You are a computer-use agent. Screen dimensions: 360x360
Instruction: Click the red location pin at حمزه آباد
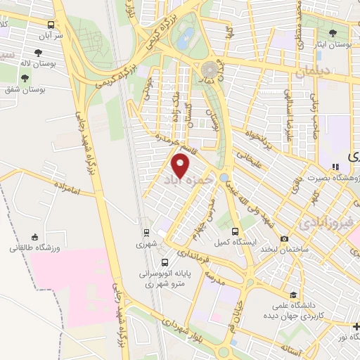point(181,166)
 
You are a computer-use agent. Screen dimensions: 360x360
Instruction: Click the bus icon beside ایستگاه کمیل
point(235,231)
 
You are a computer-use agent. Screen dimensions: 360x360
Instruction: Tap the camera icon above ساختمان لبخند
point(283,239)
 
